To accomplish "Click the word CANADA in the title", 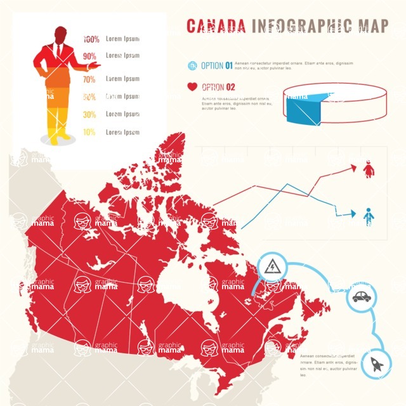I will point(216,26).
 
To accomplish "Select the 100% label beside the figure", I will point(91,39).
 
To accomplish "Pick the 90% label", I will point(90,56).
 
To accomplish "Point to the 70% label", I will point(90,79).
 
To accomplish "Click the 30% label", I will point(90,115).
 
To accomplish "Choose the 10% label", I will point(90,133).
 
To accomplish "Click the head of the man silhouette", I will point(61,34).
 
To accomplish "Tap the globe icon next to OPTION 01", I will point(192,65).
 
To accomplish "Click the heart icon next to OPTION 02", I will point(192,87).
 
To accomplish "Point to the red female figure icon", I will point(368,169).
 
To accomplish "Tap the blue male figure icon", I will point(369,216).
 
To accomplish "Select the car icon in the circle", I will point(361,296).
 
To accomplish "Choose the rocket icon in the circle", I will point(376,364).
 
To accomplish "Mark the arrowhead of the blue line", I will point(351,215).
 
